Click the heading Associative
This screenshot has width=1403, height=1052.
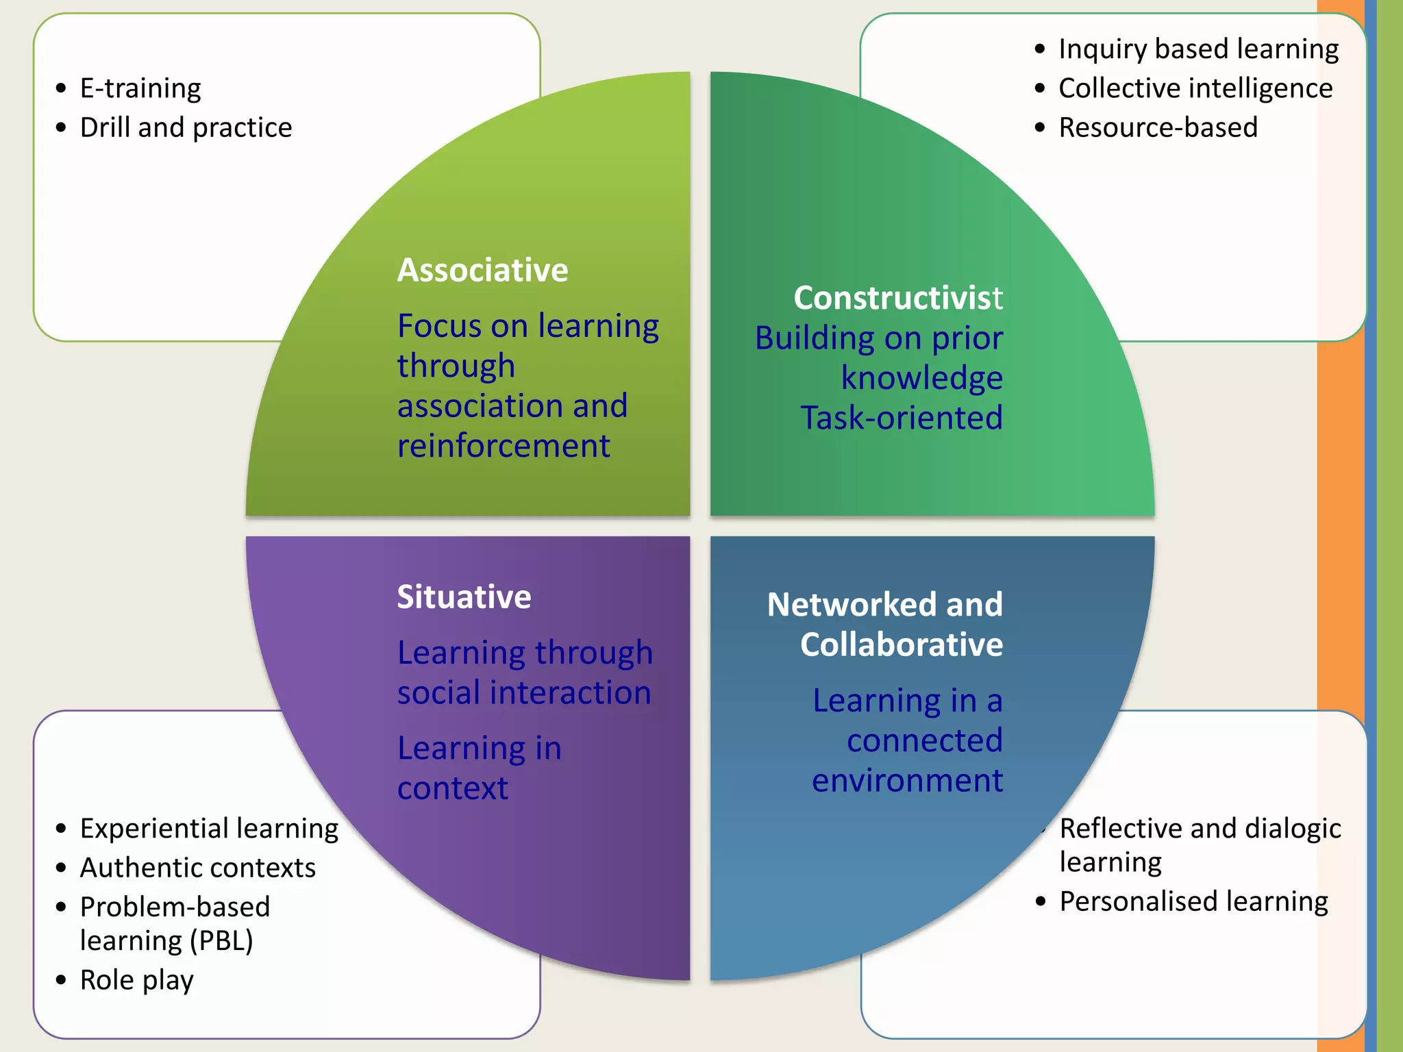[482, 270]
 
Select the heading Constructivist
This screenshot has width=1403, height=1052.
[897, 298]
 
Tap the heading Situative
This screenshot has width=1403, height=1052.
[464, 597]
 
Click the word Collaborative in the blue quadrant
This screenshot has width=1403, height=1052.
[901, 644]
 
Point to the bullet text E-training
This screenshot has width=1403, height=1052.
[140, 88]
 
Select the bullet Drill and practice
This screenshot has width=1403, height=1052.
[186, 127]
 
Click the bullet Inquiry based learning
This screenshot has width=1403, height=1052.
[1198, 49]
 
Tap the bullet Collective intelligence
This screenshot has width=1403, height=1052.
[1195, 88]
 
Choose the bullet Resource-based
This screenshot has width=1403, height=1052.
[1158, 127]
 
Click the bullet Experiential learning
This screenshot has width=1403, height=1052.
[209, 829]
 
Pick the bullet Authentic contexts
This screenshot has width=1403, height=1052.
[197, 868]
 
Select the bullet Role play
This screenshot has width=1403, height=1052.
[136, 980]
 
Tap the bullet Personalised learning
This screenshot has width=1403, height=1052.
[1193, 901]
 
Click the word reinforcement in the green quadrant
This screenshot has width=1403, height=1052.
[504, 446]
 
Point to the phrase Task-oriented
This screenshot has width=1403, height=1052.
[901, 418]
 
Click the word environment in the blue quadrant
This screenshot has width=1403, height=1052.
[907, 781]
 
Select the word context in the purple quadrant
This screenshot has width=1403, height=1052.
[453, 788]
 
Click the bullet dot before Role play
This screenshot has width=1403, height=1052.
[62, 981]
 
